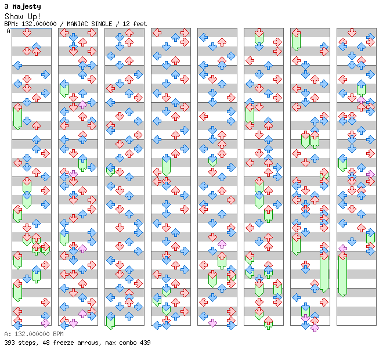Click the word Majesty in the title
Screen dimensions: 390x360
[x=27, y=7]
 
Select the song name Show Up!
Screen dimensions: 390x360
[x=23, y=16]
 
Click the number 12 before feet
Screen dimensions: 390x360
[x=126, y=24]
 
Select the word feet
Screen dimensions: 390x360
[x=140, y=24]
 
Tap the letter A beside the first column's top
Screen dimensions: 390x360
[x=9, y=31]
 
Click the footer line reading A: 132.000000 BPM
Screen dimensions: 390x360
[x=34, y=334]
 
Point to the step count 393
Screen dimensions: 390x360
[x=9, y=343]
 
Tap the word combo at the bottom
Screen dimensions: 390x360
[x=128, y=343]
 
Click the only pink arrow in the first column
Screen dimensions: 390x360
[x=45, y=323]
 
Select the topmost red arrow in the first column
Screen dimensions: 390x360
[x=27, y=33]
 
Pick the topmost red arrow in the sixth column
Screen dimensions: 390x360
[x=259, y=33]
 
